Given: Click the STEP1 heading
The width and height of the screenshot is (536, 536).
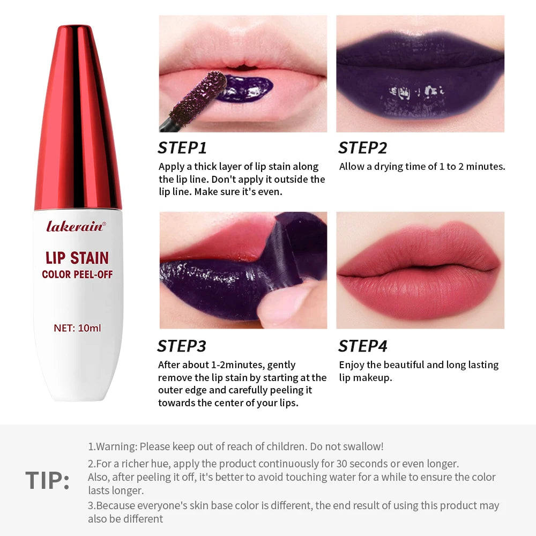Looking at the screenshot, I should click(x=182, y=148).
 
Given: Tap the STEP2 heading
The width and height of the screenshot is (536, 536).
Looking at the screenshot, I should click(x=362, y=148).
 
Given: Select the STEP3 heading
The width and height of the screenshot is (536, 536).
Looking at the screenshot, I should click(x=182, y=346).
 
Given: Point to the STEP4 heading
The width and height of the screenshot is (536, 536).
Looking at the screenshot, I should click(x=362, y=346).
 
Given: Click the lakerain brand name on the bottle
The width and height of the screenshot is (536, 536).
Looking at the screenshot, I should click(x=76, y=226).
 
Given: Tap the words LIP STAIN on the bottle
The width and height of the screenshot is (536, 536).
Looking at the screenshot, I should click(x=77, y=258).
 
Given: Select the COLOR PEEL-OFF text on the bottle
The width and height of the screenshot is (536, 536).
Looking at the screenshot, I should click(x=77, y=275).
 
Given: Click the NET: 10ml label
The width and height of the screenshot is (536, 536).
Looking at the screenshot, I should click(x=77, y=327).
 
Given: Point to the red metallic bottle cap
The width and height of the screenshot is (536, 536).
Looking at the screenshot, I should click(x=78, y=118).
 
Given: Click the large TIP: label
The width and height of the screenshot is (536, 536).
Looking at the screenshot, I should click(x=47, y=481).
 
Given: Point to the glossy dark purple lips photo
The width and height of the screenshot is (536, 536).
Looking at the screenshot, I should click(x=420, y=73).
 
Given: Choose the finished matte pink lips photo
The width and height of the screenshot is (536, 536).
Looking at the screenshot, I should click(x=420, y=270).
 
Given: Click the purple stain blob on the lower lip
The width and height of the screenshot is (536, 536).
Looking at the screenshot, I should click(x=244, y=89).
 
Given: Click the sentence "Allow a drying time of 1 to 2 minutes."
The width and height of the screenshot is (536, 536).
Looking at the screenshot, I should click(x=422, y=167).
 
